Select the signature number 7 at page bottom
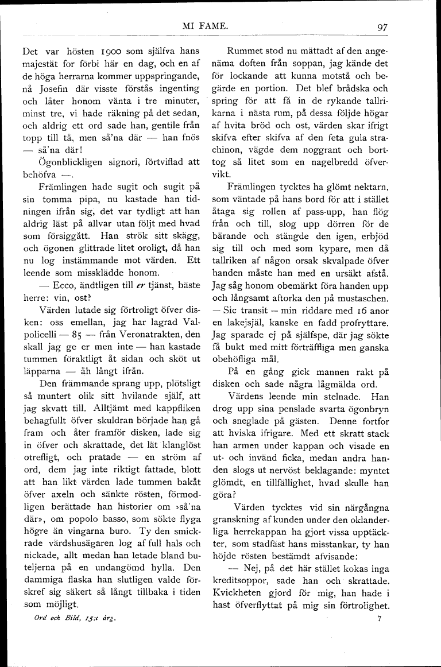pos(380,619)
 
